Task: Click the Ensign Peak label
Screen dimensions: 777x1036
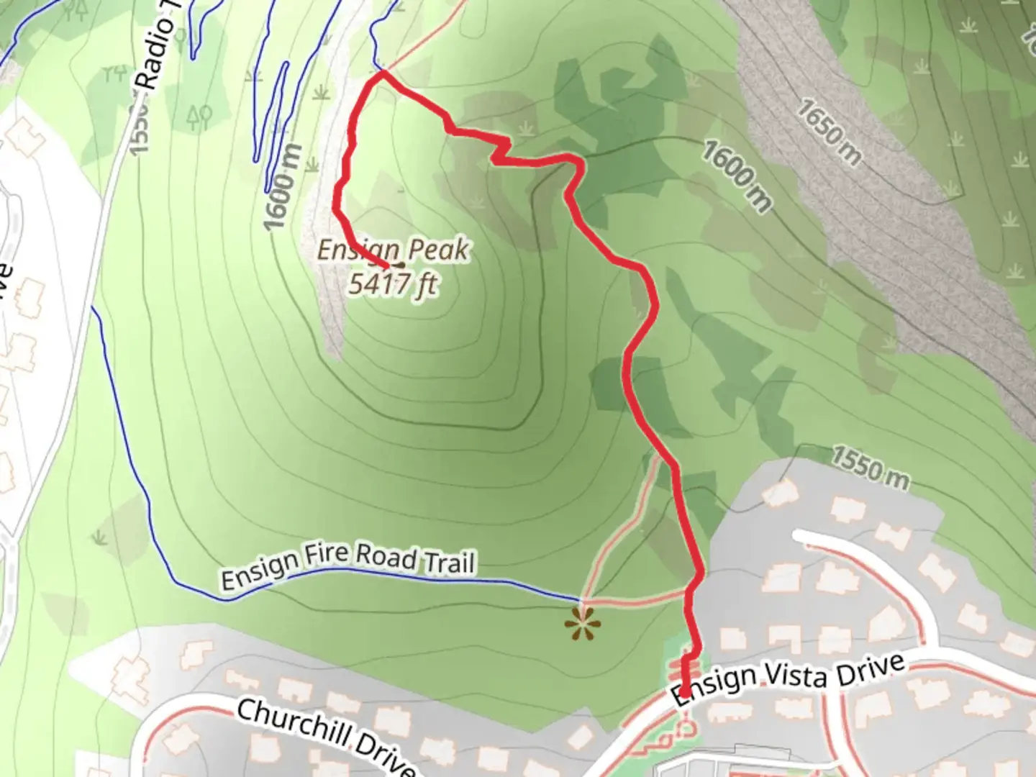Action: pos(393,250)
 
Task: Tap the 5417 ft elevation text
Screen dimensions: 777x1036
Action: pos(393,283)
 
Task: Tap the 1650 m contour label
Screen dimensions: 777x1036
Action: pos(829,132)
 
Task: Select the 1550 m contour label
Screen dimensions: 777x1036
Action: pos(871,467)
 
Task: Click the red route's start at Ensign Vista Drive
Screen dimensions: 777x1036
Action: pos(684,694)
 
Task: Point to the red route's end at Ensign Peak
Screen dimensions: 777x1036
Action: pos(388,267)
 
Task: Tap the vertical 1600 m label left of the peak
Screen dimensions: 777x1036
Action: pos(281,187)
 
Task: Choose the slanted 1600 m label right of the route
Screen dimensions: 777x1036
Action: pos(736,177)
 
